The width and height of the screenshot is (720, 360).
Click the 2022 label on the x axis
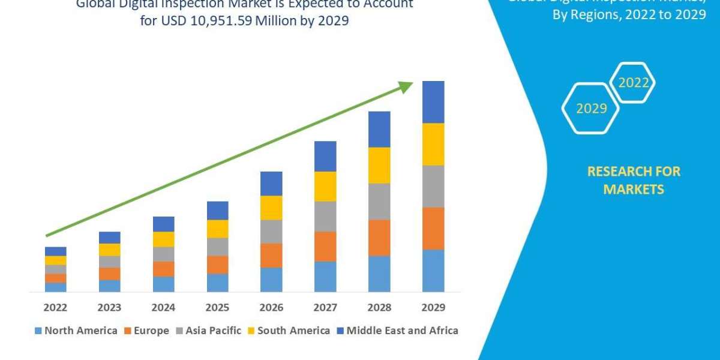click(55, 308)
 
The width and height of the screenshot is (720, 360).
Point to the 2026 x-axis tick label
click(271, 308)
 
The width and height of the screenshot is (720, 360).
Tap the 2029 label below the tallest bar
click(433, 308)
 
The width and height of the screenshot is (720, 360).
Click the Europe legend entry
click(146, 331)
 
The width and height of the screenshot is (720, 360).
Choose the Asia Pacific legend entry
click(208, 331)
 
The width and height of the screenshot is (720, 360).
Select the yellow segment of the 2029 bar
click(433, 144)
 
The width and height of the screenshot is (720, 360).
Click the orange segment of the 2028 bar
click(379, 238)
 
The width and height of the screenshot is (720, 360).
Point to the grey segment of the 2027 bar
click(325, 216)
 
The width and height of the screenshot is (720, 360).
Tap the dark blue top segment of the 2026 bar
click(271, 183)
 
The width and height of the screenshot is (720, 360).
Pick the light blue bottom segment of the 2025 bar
click(217, 283)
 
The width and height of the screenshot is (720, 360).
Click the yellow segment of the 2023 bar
click(109, 250)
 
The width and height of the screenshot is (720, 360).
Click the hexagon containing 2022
click(632, 83)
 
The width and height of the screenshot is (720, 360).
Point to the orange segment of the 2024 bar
click(163, 269)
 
